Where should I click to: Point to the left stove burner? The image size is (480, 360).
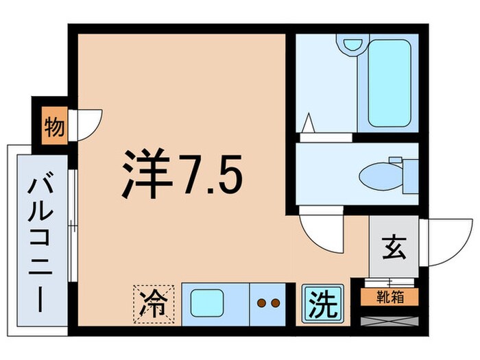coord(261,302)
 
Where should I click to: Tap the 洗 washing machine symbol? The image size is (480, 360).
coord(322,302)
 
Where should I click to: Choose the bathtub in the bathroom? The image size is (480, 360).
coord(388,84)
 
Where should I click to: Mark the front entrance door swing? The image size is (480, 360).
coord(446,241)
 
